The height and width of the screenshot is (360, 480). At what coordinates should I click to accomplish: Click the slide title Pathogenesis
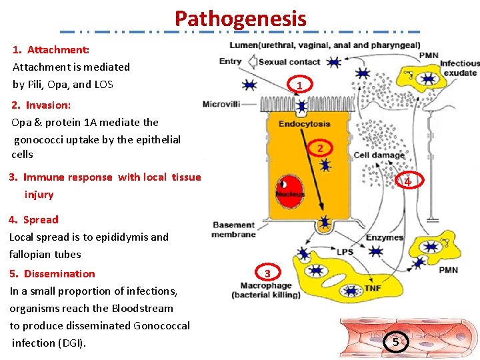click(240, 18)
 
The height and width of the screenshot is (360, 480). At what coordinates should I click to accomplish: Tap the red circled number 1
click(300, 85)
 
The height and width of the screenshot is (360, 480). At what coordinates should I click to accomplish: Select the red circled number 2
click(320, 148)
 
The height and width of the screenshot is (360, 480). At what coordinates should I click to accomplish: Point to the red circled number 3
click(267, 273)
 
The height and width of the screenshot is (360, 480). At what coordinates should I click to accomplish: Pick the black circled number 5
click(395, 342)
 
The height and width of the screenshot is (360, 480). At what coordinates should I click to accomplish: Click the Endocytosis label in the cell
click(303, 123)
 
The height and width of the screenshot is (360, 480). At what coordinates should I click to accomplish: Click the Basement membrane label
click(233, 230)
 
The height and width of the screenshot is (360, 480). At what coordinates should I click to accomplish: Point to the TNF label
click(373, 289)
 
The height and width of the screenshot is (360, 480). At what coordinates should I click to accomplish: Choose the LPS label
click(345, 251)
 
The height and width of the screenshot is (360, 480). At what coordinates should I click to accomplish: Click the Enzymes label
click(384, 237)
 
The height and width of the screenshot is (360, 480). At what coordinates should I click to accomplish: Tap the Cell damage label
click(379, 155)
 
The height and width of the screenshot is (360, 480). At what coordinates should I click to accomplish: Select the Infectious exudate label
click(459, 68)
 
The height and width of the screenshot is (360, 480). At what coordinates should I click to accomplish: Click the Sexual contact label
click(289, 62)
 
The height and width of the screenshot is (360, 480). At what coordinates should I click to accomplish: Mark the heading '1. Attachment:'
click(51, 49)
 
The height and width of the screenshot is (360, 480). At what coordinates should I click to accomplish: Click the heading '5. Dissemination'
click(53, 273)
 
